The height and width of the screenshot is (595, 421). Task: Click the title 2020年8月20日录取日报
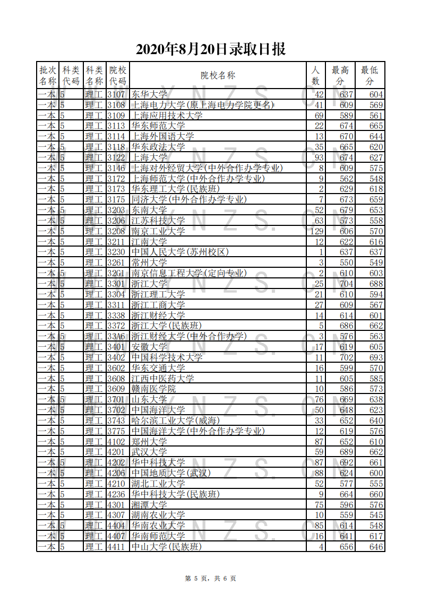[211, 49]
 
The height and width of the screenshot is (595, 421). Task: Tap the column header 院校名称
[218, 75]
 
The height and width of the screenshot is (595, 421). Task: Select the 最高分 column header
[340, 75]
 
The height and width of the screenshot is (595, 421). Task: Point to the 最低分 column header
[370, 75]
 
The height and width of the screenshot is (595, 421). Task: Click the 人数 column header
[315, 75]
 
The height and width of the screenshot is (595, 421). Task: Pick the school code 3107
[116, 94]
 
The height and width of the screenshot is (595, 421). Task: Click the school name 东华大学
[149, 94]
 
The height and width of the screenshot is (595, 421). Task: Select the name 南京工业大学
[158, 231]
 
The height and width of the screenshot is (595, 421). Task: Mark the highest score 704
[346, 284]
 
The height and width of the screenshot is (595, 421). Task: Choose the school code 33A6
[116, 336]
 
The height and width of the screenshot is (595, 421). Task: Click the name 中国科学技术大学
[167, 357]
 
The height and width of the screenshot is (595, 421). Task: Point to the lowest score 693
[376, 357]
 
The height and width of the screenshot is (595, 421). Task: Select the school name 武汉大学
[149, 452]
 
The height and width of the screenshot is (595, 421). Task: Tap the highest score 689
[346, 452]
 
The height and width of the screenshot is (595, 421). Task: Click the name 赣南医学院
[153, 389]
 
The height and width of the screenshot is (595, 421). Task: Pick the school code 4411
[116, 547]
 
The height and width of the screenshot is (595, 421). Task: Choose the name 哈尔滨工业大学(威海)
[171, 421]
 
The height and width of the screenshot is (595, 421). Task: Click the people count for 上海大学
[319, 157]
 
